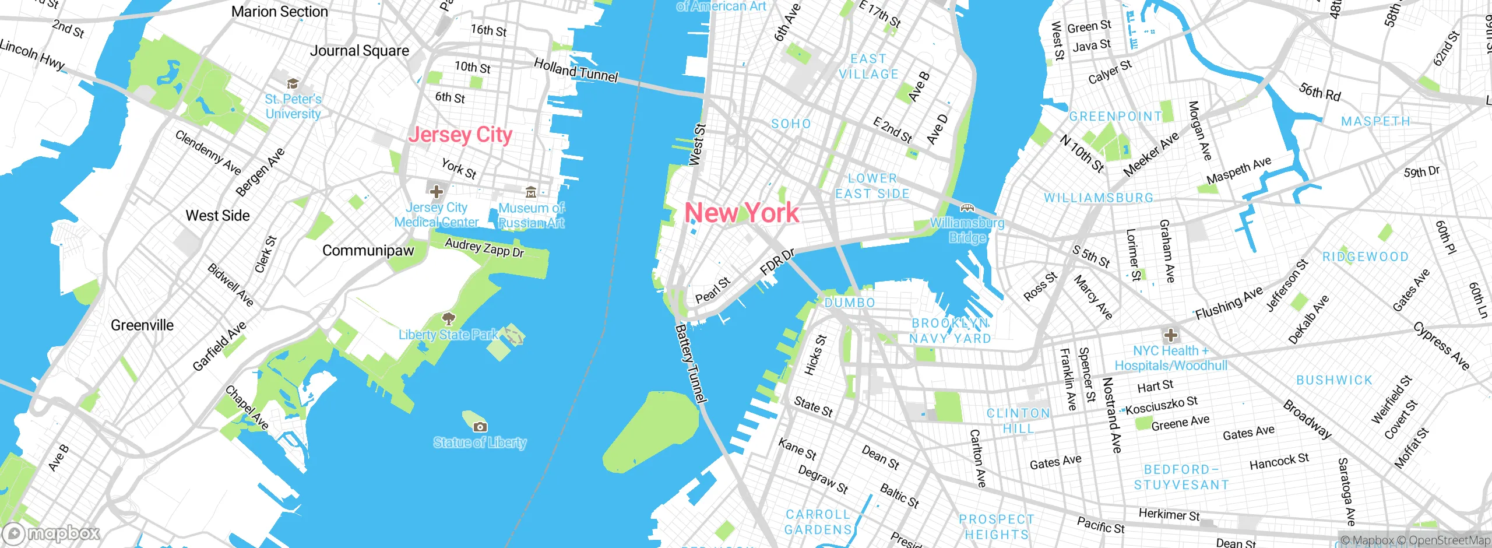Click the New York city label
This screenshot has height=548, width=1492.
coord(741,213)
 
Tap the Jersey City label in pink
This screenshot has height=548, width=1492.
coord(460,135)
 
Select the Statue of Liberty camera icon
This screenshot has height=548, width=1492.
coord(480,427)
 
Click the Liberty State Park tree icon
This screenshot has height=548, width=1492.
coord(448,318)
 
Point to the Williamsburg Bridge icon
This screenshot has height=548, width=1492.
coord(967,208)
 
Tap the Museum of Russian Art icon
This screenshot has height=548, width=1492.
coord(530,192)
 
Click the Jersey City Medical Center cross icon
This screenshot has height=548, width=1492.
coord(436,191)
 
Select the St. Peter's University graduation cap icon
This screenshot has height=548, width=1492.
coord(293,84)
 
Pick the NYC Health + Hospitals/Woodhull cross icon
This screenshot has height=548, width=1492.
coord(1170,335)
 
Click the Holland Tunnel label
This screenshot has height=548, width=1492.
coord(576,71)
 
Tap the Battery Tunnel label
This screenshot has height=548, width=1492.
coord(691,364)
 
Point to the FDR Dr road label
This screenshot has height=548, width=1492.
coord(777,262)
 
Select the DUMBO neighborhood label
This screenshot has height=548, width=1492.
coord(850,303)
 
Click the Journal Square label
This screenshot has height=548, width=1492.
coord(359,51)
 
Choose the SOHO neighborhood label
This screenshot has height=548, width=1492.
coord(791,124)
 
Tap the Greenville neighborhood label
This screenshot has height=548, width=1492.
coord(142,325)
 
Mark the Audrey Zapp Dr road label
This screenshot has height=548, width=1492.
coord(484,248)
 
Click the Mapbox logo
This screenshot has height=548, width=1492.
coord(51,533)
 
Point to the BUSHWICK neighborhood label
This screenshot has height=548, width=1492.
coord(1334,380)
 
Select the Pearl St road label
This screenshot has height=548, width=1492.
coord(713,290)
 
